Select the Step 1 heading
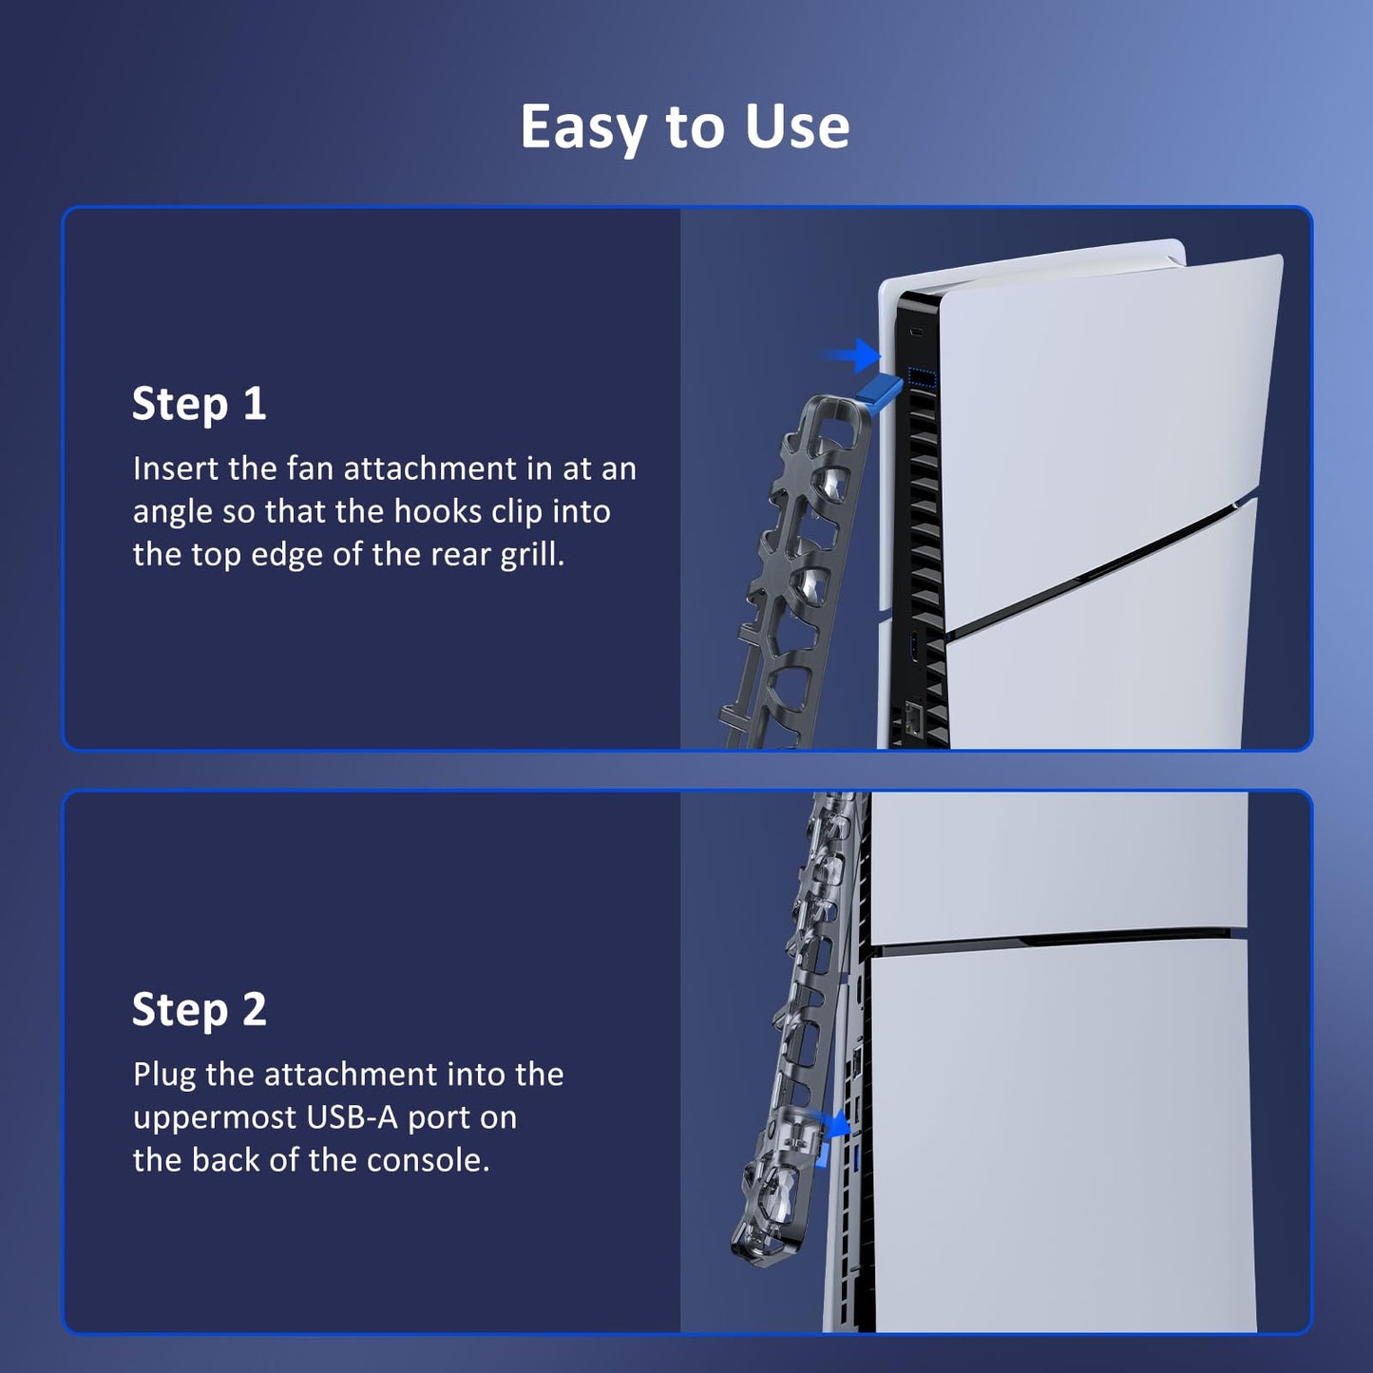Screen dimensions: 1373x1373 [200, 404]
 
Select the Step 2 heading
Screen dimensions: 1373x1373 [200, 1009]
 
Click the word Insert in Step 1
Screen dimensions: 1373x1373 [176, 468]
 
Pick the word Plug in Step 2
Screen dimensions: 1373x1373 [163, 1075]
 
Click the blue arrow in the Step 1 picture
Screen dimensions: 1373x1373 [852, 355]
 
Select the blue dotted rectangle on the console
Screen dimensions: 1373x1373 [923, 377]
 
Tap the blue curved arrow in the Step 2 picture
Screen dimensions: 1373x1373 [835, 1124]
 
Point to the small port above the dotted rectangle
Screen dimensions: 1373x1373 [916, 333]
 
